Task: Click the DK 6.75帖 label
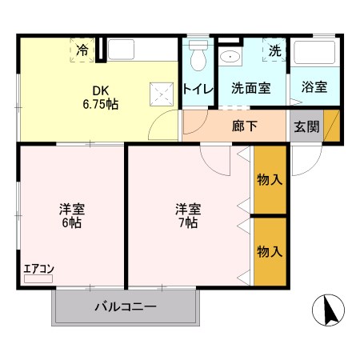[x=100, y=97]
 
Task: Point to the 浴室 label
[x=314, y=88]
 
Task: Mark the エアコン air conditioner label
[x=38, y=270]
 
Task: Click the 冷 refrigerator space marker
[x=82, y=50]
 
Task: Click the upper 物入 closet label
[x=270, y=179]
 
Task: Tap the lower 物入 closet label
[x=270, y=251]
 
